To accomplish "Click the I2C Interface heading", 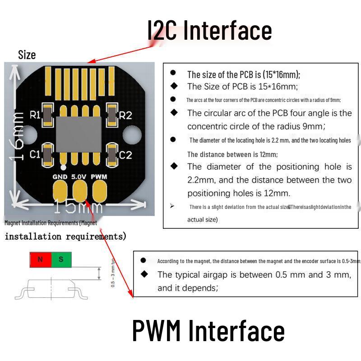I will click(x=210, y=31).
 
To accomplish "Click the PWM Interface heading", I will click(x=208, y=330).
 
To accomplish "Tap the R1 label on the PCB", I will click(x=35, y=115).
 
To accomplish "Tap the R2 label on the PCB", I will click(x=125, y=116).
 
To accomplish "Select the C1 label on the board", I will click(x=35, y=155).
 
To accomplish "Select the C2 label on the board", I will click(x=125, y=155).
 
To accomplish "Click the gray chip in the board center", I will click(x=79, y=134).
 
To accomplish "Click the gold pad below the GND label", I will click(x=60, y=190).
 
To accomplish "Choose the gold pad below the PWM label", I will click(x=99, y=190).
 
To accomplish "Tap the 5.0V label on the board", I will click(x=79, y=177).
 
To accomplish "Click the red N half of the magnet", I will click(x=40, y=260).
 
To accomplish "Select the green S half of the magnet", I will click(x=61, y=260).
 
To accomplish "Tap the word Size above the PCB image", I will click(x=27, y=55).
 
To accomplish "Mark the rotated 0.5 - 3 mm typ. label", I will click(x=113, y=273).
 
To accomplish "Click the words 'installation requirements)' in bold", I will click(x=65, y=236).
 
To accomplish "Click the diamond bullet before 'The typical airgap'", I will click(x=144, y=274).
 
